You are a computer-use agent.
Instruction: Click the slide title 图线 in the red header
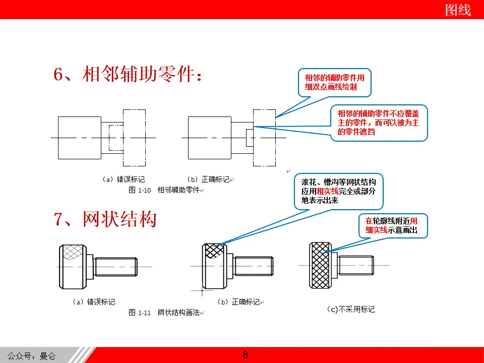pos(458,10)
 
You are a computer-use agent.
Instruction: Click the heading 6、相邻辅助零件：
pos(130,75)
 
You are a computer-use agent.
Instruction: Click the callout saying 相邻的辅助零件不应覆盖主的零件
pos(379,123)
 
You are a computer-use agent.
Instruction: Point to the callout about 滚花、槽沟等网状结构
pos(339,190)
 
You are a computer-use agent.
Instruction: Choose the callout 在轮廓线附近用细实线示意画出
pos(392,225)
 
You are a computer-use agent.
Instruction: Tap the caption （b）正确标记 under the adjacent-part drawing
pos(209,179)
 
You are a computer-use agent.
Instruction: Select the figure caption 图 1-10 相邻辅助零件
pos(165,190)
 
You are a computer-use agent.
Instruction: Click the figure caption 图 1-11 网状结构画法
pos(166,313)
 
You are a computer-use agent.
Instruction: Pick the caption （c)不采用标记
pos(351,309)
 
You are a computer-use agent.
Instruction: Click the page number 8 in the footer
pos(246,354)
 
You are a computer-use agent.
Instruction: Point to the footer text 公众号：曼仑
pos(31,356)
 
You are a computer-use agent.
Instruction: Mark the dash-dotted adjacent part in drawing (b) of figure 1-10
pos(265,137)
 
